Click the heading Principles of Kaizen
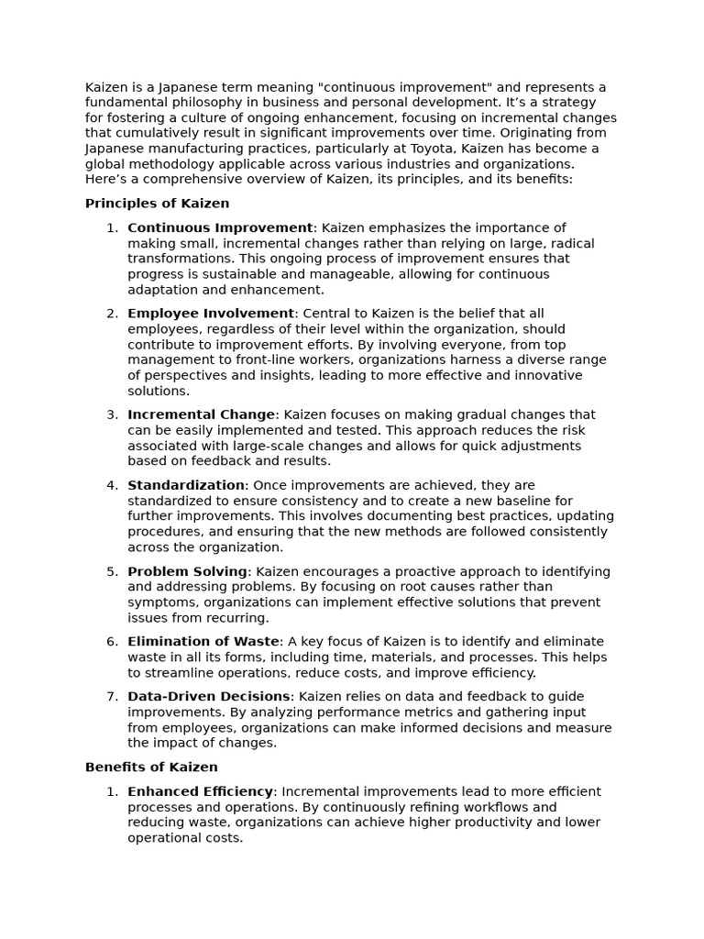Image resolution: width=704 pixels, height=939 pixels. tap(157, 204)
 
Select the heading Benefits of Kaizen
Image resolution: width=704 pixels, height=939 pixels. tap(151, 767)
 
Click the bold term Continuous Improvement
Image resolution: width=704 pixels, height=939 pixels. tap(220, 227)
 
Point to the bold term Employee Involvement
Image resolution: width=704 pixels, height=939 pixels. tap(211, 314)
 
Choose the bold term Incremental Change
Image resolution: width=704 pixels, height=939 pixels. tap(201, 414)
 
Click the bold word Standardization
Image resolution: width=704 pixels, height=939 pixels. tap(186, 485)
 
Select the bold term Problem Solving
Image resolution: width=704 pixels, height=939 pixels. tap(187, 571)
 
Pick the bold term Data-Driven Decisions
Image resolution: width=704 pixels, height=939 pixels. tap(209, 697)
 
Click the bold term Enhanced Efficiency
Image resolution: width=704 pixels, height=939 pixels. tap(200, 791)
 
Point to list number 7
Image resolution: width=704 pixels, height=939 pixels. tap(112, 697)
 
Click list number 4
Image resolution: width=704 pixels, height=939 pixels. tap(112, 485)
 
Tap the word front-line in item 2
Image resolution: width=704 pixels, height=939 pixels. tap(248, 360)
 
